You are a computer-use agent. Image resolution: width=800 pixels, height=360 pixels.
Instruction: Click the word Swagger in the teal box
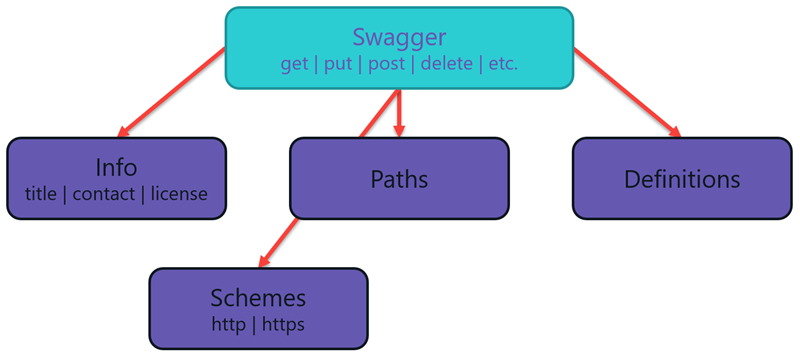(x=399, y=37)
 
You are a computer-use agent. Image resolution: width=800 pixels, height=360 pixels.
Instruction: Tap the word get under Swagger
(x=295, y=64)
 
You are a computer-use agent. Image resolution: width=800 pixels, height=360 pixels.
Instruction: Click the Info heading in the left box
(x=116, y=167)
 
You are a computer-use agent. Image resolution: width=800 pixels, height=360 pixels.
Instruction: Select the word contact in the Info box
(x=103, y=193)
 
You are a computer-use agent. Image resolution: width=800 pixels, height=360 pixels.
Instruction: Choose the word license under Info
(x=179, y=193)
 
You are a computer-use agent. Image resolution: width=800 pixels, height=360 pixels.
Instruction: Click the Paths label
(x=399, y=180)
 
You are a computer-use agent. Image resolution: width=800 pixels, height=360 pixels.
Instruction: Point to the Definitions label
(x=682, y=180)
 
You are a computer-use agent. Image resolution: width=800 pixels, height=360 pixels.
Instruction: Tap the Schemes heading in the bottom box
(x=258, y=298)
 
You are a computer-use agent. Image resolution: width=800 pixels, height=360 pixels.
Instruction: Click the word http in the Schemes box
(x=228, y=324)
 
